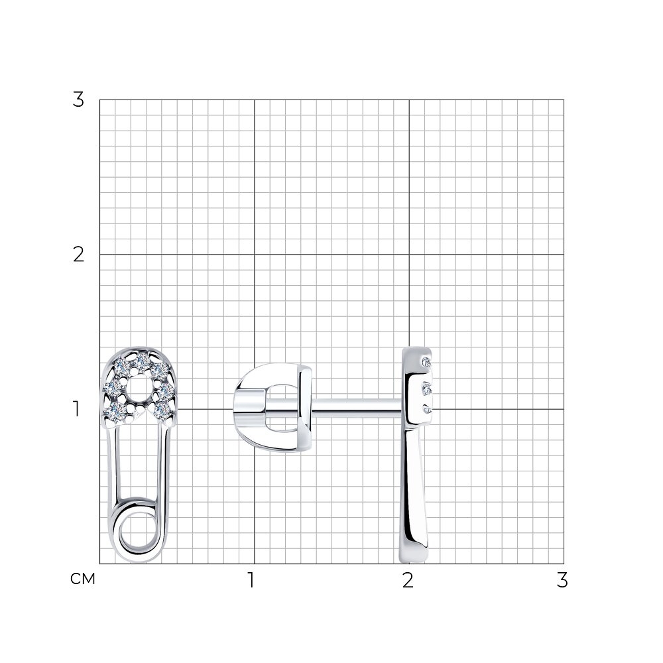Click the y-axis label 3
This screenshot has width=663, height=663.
pos(79,100)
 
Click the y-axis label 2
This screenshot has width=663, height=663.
pos(79,255)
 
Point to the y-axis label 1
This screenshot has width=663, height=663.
pos(76,409)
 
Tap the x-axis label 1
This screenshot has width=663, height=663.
pos(251,580)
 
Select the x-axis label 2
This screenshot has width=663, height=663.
pos(408,580)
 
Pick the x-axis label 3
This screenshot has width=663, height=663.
pos(562,580)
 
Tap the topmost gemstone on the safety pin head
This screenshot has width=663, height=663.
pos(141,361)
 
